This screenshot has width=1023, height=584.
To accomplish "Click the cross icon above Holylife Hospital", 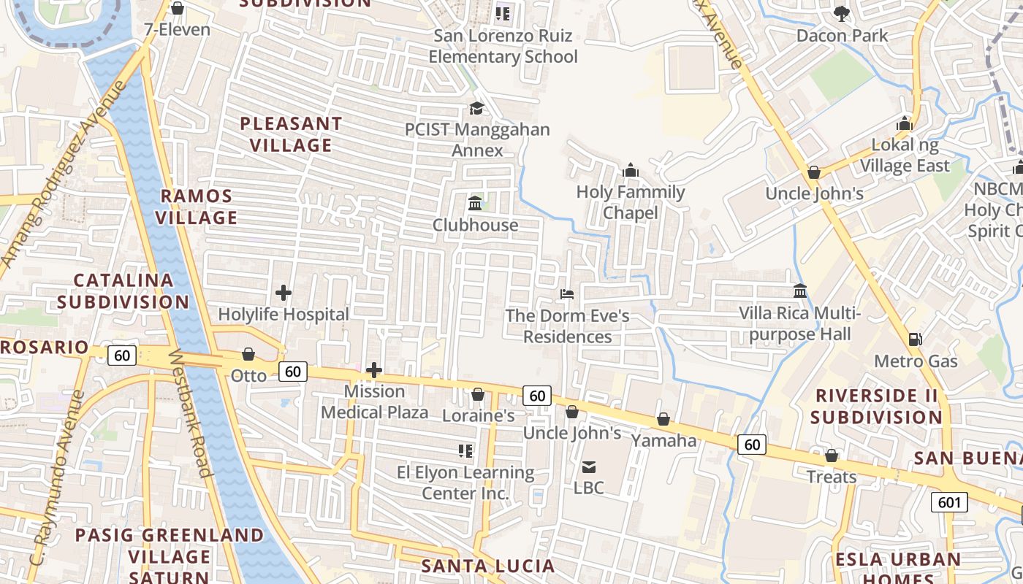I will point(284,293).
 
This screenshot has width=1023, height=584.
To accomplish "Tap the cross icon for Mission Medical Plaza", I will point(374,370).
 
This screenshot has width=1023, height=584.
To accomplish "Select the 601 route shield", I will point(949,502).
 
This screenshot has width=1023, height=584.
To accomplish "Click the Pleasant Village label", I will point(291,134).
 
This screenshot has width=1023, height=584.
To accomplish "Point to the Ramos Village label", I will point(197,207).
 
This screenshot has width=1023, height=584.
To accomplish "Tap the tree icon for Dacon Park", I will point(842,13).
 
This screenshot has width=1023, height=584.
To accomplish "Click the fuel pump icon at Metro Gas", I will point(915,339).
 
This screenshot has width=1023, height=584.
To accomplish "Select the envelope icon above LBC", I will point(588,466).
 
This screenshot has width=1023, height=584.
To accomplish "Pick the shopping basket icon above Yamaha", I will point(663,419).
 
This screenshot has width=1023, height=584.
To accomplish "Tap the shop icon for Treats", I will point(832,456).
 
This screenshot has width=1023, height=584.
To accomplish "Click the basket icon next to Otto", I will point(248,354).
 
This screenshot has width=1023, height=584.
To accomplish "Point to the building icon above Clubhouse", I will point(475,203).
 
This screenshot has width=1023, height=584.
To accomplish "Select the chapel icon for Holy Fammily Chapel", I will point(630,171).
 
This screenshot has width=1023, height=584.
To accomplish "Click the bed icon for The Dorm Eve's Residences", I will point(567,294).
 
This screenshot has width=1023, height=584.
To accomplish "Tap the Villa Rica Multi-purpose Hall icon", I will point(800,291).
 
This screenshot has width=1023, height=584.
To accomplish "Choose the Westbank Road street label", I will point(191,413).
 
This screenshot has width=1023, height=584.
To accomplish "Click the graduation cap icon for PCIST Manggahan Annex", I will point(476,108).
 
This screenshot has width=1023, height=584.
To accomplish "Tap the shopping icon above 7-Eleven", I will point(177,8).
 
